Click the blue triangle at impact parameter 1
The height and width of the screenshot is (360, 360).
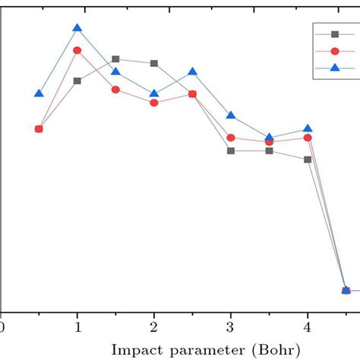coord(77,29)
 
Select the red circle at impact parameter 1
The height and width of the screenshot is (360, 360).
coord(77,50)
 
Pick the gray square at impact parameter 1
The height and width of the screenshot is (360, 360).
coord(77,81)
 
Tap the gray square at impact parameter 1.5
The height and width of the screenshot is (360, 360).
coord(115,58)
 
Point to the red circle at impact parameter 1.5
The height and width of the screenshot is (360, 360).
coord(115,90)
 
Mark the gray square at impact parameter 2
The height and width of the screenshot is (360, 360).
coord(154,63)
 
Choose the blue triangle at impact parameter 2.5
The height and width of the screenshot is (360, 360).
coord(193,71)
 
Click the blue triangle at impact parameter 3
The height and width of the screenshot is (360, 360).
coord(231,115)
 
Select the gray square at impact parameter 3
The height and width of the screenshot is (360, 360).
coord(231,150)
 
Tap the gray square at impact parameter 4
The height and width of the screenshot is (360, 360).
coord(308,159)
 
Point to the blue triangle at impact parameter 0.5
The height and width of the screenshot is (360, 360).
coord(39,93)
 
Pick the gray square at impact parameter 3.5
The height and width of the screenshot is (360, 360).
coord(269,150)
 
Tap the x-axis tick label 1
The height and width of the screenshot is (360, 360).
coord(77,327)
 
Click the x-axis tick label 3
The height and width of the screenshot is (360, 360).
coord(231,327)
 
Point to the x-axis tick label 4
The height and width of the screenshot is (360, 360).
coord(308,327)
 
